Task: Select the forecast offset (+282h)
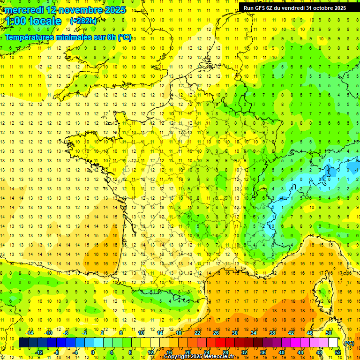pos(83,21)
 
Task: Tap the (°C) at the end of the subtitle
pos(124,37)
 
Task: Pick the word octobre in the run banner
pos(324,8)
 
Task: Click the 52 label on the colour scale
pos(337,352)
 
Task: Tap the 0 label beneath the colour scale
pos(93,352)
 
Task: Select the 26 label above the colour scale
pos(216,333)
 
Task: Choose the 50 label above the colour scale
pos(328,333)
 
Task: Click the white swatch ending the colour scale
pos(333,343)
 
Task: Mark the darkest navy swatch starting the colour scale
pos(23,343)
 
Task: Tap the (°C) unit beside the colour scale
pos(349,343)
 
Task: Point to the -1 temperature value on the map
pos(356,170)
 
